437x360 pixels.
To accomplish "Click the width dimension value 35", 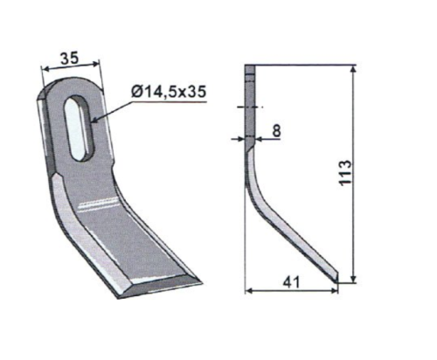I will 69,59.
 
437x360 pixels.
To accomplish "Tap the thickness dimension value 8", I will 275,131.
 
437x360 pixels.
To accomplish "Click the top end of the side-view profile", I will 249,68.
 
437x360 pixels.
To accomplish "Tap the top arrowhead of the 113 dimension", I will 353,69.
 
